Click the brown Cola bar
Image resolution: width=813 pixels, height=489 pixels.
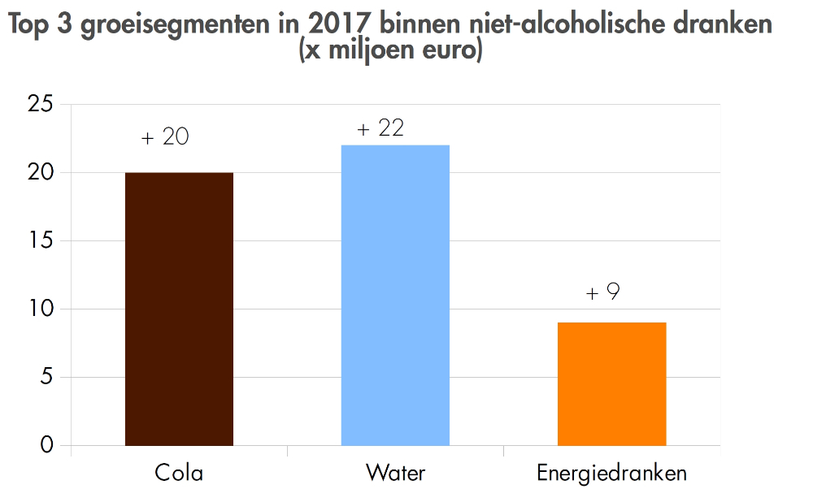click(179, 309)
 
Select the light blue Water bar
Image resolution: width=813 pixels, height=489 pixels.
click(395, 295)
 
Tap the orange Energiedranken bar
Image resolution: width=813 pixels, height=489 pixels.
click(611, 383)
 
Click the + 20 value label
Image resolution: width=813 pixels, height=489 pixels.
click(165, 136)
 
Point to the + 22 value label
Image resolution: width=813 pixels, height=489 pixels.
click(380, 128)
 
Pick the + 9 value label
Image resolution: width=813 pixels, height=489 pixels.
click(602, 292)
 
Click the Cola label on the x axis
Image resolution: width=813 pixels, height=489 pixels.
click(179, 473)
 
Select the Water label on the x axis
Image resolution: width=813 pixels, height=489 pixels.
click(395, 473)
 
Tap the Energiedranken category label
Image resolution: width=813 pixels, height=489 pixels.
click(611, 473)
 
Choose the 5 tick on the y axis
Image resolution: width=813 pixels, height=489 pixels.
click(46, 378)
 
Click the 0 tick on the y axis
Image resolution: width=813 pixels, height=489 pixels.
click(46, 445)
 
